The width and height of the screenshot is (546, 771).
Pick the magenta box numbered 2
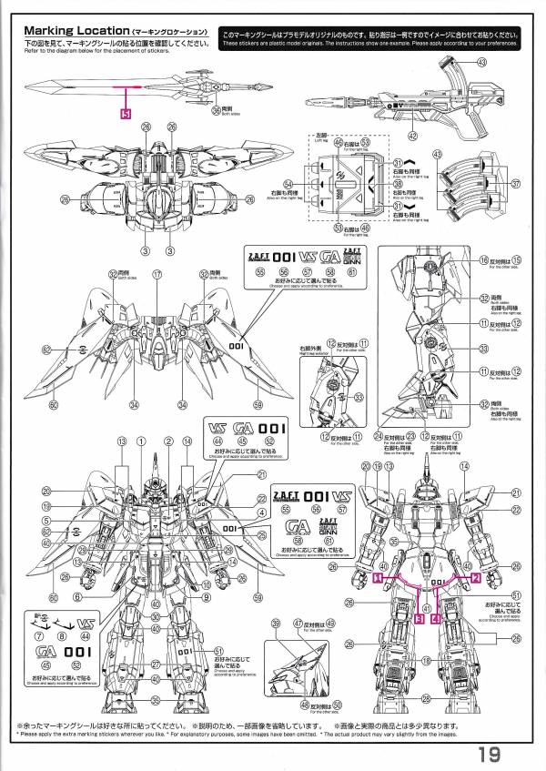coord(474,578)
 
